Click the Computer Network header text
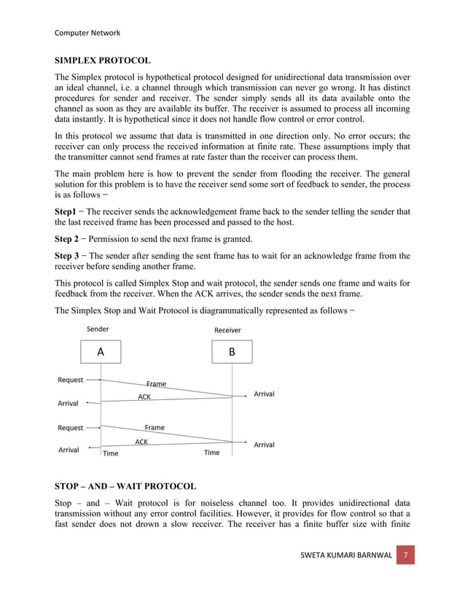click(88, 33)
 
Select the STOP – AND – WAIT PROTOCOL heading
click(125, 485)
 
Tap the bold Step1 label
click(67, 211)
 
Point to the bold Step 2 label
click(69, 239)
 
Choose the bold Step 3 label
click(69, 256)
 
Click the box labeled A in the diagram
click(101, 351)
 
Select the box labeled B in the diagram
click(232, 351)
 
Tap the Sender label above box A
click(98, 329)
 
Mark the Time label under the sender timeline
click(111, 453)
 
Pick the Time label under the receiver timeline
click(211, 453)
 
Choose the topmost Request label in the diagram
click(71, 380)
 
